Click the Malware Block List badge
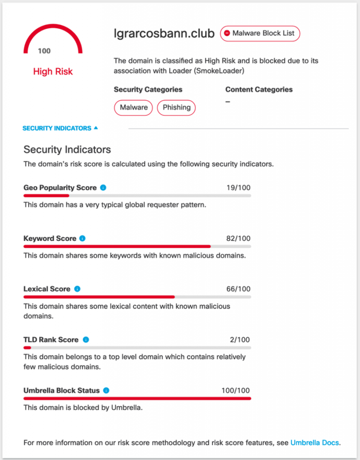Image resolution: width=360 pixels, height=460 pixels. point(260,33)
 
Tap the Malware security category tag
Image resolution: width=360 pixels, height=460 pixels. point(133,107)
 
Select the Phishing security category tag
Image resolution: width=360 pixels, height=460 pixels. point(176,107)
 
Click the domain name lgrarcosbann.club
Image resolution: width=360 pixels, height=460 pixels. point(164,34)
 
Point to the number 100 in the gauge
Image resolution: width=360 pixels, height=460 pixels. point(44,51)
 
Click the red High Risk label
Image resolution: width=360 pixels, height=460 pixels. point(53,71)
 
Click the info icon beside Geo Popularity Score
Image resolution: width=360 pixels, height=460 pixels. point(103,187)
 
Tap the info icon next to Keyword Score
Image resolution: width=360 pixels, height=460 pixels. point(82,239)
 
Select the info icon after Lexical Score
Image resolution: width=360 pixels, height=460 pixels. point(77,289)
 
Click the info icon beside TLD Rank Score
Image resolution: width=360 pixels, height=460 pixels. point(86,340)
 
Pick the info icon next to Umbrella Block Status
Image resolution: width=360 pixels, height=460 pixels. point(106,390)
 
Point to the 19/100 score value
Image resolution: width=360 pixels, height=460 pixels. point(238,187)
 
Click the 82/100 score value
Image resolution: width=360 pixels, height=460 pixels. point(238,239)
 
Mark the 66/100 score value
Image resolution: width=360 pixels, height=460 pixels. point(238,289)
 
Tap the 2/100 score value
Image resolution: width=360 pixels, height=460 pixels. point(240,340)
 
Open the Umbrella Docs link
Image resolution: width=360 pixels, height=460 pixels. point(315,442)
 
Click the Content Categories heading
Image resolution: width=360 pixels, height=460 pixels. point(259,89)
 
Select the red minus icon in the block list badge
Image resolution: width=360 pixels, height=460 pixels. point(227,33)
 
